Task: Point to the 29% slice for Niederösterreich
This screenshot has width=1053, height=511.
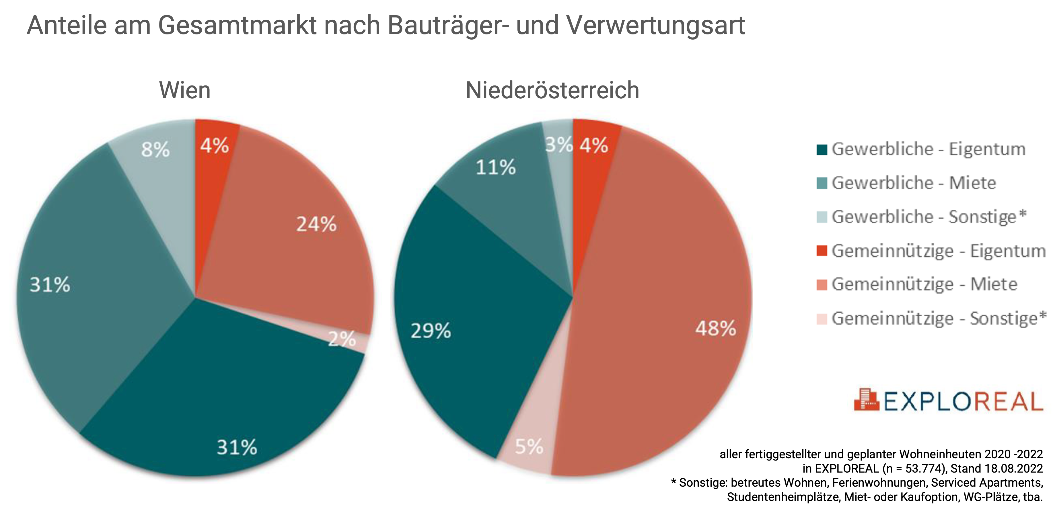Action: coord(470,327)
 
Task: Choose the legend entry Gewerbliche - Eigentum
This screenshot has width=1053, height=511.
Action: coord(928,149)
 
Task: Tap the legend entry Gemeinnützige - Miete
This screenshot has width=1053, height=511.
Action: coord(924,284)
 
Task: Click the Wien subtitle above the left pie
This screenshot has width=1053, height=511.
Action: coord(185,90)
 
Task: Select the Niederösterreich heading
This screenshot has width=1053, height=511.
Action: coord(552,90)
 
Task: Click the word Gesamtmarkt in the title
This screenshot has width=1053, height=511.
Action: coord(237,25)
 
